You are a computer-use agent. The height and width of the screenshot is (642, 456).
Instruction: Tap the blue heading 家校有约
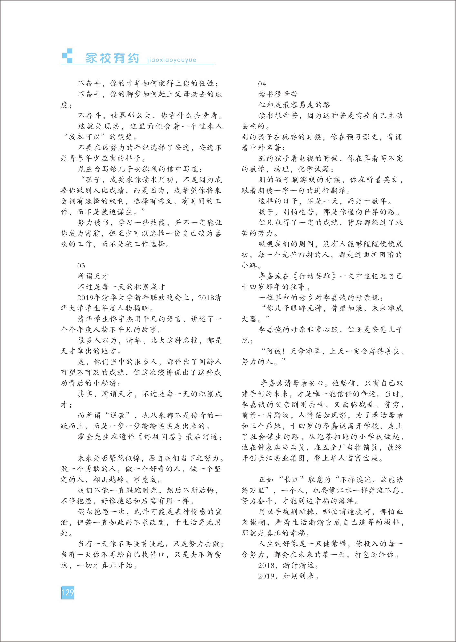point(112,58)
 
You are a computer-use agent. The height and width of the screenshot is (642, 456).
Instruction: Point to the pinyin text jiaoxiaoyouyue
point(172,60)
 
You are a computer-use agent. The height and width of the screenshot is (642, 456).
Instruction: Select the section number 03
point(81,266)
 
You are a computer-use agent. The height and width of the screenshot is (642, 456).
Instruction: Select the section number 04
point(262,84)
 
